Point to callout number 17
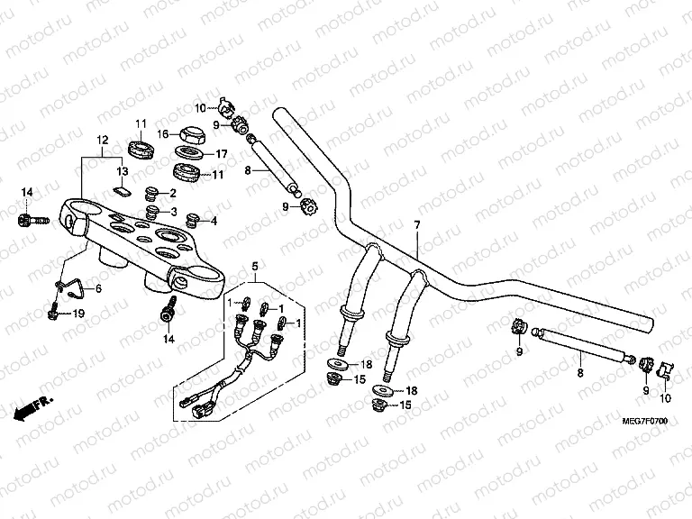[220, 153]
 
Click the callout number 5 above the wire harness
[255, 266]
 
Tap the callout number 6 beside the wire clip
[98, 287]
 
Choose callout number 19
[78, 313]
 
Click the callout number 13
[122, 169]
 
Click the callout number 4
[213, 221]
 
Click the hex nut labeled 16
[193, 134]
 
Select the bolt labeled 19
[54, 314]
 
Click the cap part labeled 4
[191, 219]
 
